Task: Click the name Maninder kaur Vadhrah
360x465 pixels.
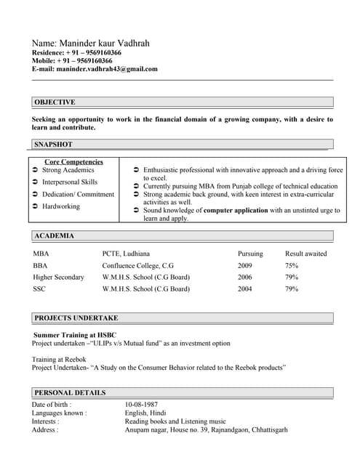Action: (x=91, y=44)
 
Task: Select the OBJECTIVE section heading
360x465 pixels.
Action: (x=55, y=102)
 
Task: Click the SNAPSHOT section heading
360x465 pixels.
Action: (x=53, y=145)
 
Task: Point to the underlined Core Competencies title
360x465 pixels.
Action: (x=73, y=162)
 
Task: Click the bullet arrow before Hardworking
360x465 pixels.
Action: (x=35, y=207)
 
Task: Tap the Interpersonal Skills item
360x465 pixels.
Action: (x=70, y=182)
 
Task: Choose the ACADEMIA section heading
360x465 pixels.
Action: (x=54, y=236)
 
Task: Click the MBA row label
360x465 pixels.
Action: (x=41, y=254)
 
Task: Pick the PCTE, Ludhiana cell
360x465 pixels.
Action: (x=126, y=254)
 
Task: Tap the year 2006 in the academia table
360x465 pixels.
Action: (x=245, y=278)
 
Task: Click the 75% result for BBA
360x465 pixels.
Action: (x=292, y=266)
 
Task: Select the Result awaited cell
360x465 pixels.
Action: (x=305, y=254)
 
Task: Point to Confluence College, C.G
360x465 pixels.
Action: (x=138, y=266)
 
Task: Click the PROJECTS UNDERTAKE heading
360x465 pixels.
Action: (x=76, y=318)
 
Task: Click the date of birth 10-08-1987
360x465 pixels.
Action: (x=141, y=405)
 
